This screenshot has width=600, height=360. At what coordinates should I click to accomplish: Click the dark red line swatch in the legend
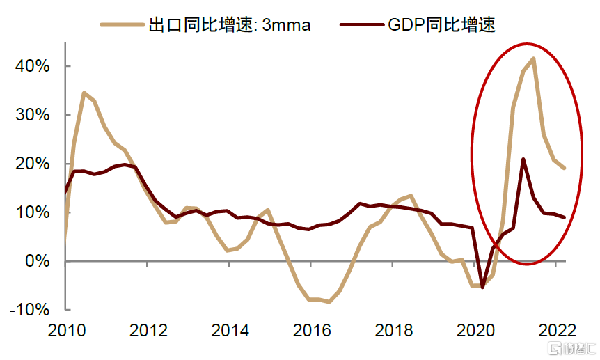tap(359, 25)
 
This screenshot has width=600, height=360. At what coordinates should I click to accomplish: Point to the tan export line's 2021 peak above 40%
tap(533, 58)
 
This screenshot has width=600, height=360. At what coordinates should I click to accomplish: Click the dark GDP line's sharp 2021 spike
tap(523, 159)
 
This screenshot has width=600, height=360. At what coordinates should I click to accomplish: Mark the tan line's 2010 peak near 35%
tap(84, 93)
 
